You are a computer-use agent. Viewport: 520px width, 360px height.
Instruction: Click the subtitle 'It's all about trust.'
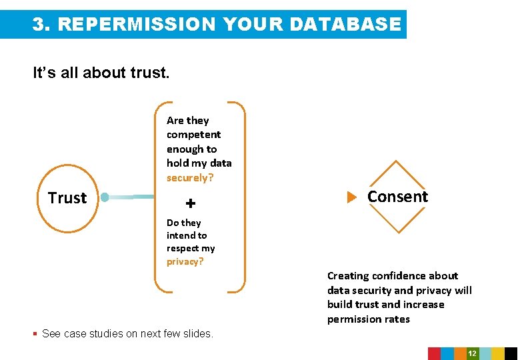point(101,73)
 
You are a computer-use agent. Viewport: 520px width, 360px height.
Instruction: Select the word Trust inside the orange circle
point(67,198)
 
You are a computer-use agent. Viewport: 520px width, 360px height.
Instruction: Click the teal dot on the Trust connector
point(105,197)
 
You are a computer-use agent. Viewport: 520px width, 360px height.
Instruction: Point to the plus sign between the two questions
point(191,203)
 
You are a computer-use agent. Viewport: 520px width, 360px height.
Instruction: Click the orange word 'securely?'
point(190,178)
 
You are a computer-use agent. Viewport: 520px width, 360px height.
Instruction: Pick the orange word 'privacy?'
point(185,261)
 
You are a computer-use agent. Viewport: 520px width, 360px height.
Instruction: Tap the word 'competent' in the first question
point(193,135)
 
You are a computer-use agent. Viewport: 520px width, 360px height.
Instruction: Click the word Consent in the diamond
point(397,197)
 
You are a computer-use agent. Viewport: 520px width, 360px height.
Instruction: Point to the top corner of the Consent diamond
point(397,161)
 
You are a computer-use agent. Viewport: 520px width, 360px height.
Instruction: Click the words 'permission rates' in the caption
point(368,319)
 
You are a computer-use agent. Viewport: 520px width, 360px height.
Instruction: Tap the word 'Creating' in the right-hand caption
point(348,276)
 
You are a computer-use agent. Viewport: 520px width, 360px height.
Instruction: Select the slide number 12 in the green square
point(472,353)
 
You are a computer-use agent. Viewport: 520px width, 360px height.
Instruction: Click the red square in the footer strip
point(434,353)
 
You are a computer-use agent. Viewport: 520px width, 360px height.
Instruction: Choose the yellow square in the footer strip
point(498,353)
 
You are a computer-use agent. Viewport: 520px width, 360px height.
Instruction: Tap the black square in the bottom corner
point(511,353)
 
